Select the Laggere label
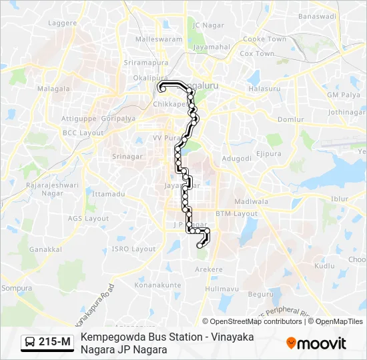(63, 23)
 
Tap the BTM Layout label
(236, 213)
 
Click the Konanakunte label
(157, 285)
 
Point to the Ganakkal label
(45, 249)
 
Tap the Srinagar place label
(127, 157)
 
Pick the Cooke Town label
(264, 39)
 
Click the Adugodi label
(236, 159)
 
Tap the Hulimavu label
(222, 289)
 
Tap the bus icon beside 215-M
(30, 343)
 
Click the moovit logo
(316, 343)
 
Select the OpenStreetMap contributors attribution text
(252, 321)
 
